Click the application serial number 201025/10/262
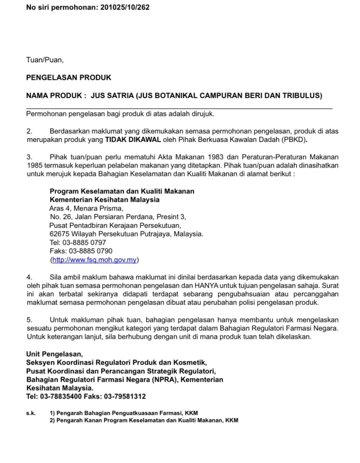125,7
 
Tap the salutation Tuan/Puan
45,60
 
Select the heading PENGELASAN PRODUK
69,78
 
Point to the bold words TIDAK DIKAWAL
133,140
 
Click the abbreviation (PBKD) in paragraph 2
294,140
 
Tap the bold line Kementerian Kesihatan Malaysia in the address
104,200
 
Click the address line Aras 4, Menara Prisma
86,209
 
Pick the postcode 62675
59,234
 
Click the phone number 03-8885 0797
84,243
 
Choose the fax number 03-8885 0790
90,251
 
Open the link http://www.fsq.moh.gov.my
94,260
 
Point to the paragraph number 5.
30,320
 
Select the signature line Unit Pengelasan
54,354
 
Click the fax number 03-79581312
125,396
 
